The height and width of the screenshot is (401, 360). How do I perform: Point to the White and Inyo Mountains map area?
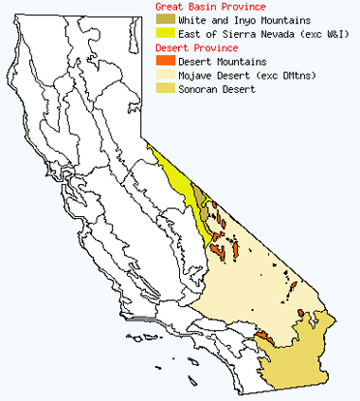coord(201,200)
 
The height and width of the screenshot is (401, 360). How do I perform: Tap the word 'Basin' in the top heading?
coord(203,7)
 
